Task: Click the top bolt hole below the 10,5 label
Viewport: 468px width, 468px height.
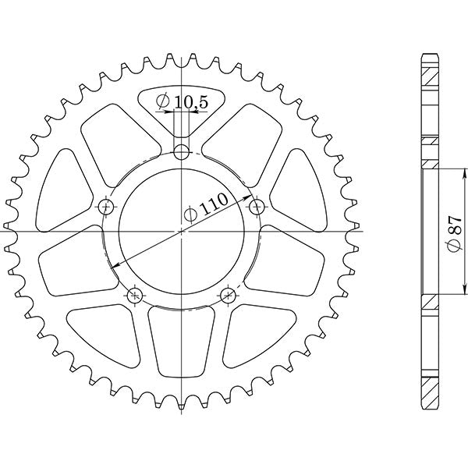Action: click(182, 151)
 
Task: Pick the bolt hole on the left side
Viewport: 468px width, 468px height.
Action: click(107, 207)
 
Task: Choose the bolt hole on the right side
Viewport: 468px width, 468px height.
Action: click(257, 207)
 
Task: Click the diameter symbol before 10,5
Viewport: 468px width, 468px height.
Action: click(163, 101)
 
